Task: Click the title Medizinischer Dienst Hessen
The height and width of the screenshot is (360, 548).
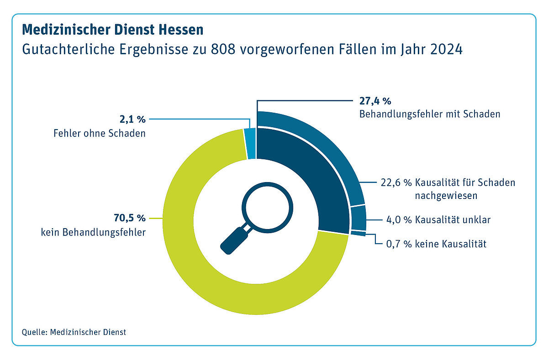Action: (112, 30)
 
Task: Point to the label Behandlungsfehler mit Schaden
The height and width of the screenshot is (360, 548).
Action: (429, 114)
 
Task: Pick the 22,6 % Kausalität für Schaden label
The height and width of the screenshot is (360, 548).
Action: (448, 183)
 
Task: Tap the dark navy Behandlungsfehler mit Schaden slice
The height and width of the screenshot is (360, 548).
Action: (301, 183)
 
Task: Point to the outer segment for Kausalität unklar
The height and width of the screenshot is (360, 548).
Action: (358, 218)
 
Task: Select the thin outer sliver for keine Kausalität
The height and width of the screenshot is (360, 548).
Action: (358, 234)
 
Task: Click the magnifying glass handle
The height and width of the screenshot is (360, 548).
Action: (233, 240)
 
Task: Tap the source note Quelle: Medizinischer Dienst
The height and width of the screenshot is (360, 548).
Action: (74, 332)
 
